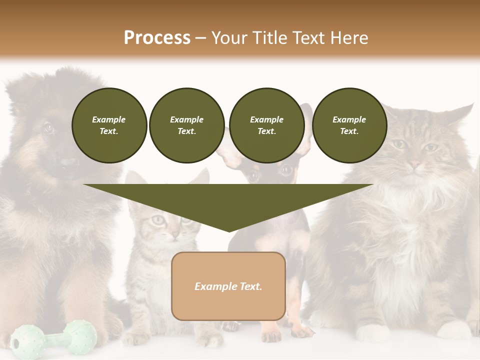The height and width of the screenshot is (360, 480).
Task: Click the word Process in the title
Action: tap(157, 37)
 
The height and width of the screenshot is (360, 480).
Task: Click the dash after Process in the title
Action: tap(200, 38)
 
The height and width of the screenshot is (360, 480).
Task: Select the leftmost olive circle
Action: tap(109, 125)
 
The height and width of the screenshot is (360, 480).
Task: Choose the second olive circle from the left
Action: tap(186, 125)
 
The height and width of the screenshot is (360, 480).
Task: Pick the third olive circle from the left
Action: tap(266, 125)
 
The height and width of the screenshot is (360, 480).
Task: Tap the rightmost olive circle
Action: tap(349, 125)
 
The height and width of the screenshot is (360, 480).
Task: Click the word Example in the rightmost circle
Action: tap(349, 119)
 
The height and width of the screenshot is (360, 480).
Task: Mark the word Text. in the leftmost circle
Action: tap(109, 131)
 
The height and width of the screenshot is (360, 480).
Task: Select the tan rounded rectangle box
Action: tap(228, 286)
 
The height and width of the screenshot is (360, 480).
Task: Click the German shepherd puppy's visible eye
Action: tap(48, 128)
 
